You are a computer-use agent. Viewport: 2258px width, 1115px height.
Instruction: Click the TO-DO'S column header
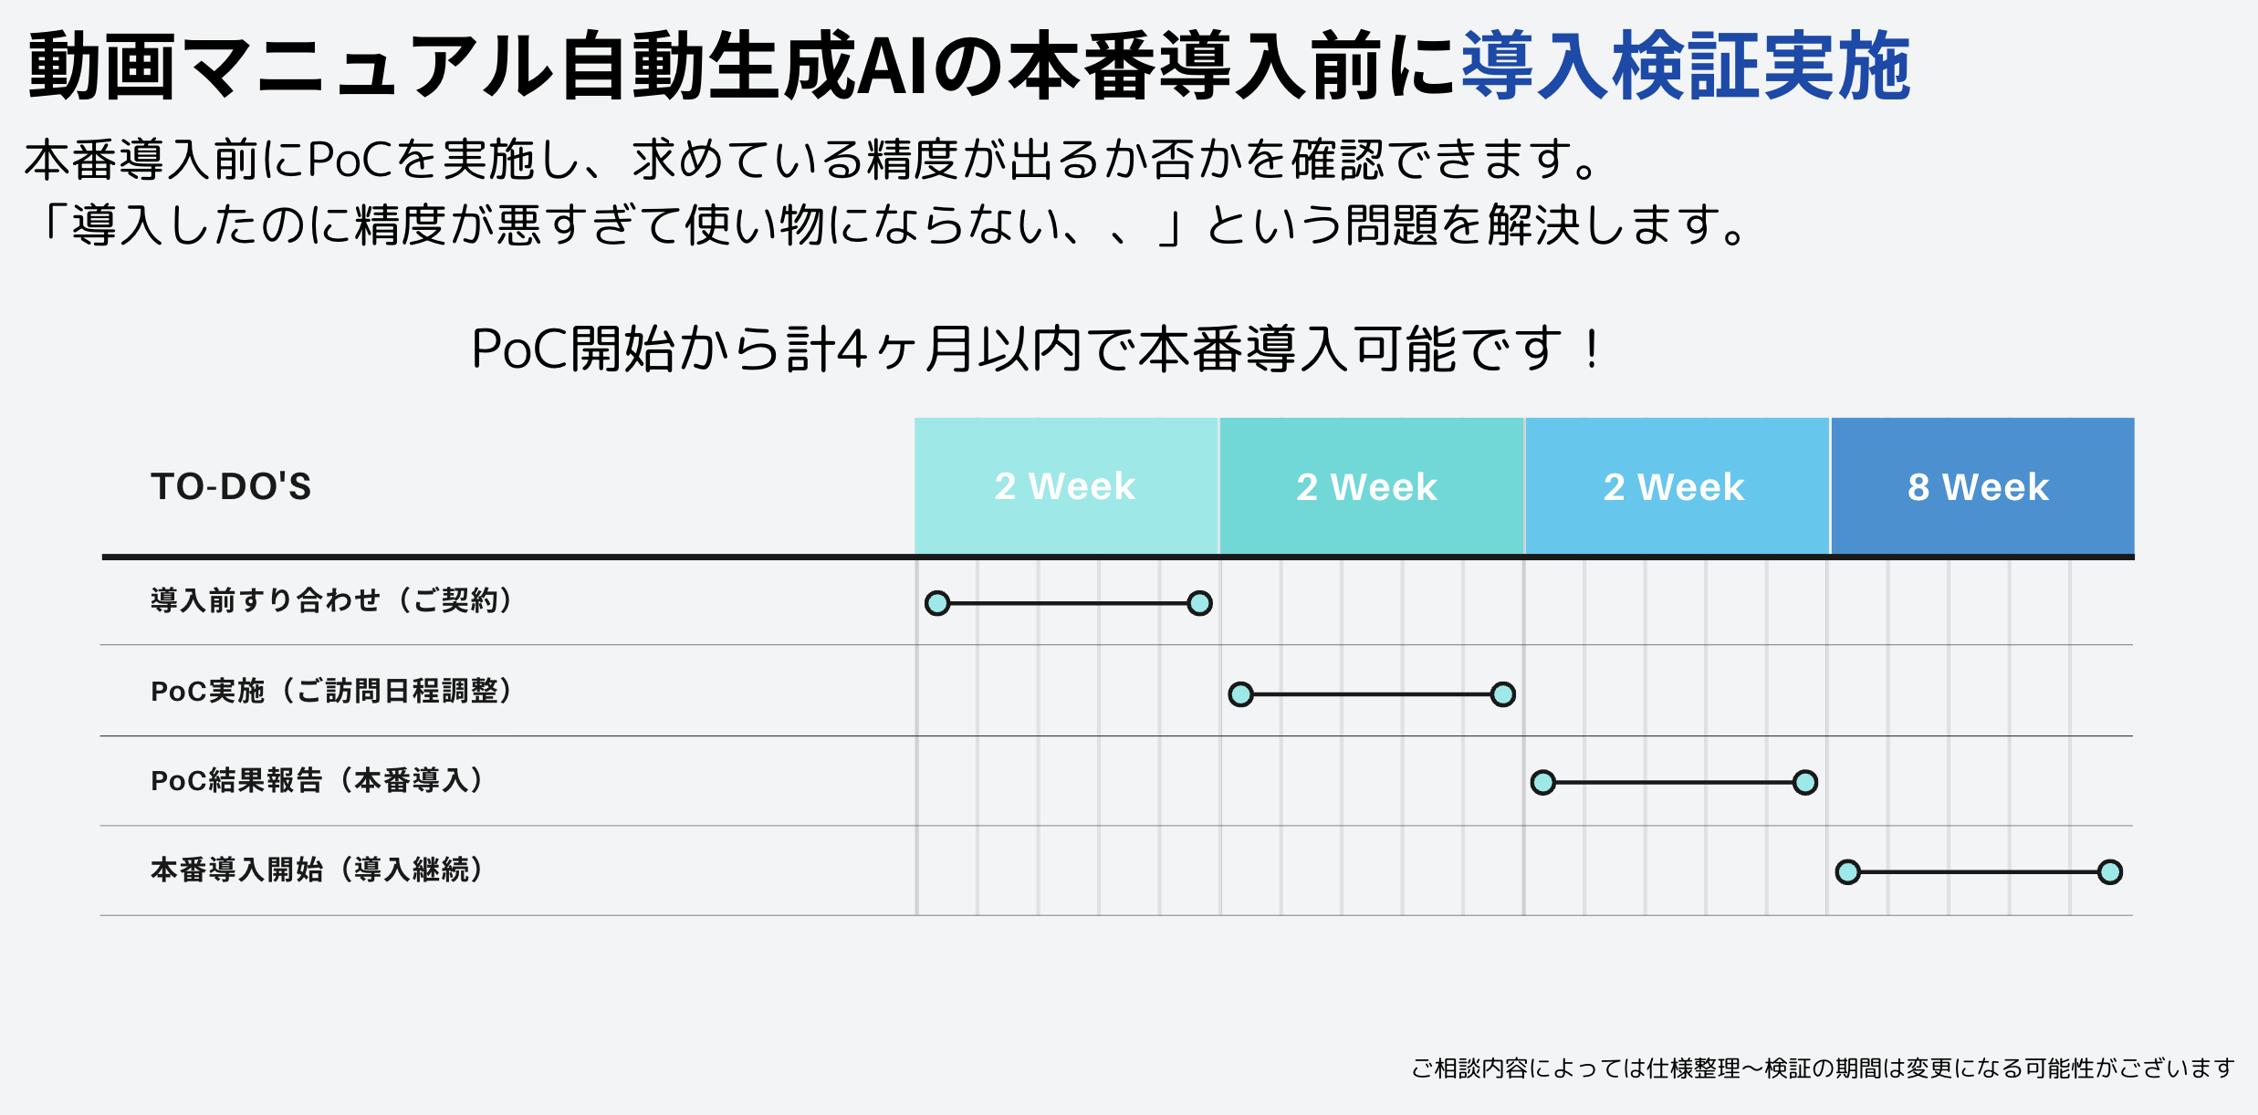click(231, 486)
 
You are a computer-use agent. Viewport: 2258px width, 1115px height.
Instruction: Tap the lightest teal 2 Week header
click(1066, 485)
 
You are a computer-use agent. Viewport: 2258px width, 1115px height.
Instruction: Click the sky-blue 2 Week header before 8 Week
click(1677, 485)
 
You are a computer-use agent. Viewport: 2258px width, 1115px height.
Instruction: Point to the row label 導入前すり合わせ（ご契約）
click(332, 600)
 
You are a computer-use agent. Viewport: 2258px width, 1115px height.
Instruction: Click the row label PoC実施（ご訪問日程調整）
click(332, 691)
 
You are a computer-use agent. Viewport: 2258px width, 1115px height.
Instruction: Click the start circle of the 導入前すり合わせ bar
click(937, 603)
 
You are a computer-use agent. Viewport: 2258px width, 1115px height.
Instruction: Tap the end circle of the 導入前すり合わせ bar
click(1200, 603)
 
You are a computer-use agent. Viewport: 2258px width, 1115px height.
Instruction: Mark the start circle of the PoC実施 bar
click(1240, 694)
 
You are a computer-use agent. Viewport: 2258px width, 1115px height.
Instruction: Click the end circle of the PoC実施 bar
click(1503, 694)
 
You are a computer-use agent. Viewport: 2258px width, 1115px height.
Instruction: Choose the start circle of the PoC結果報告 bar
click(1543, 783)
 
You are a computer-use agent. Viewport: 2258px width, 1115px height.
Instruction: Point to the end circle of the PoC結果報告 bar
click(1805, 783)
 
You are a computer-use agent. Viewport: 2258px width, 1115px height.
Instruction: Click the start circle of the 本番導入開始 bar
click(1848, 872)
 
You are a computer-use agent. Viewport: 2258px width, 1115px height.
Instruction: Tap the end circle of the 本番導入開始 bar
click(2110, 872)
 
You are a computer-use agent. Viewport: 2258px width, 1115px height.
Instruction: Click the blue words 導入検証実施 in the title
click(1687, 66)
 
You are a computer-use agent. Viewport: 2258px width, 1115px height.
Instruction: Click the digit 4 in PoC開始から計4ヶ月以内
click(851, 349)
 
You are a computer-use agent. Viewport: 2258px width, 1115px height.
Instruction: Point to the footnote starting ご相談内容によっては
click(1824, 1068)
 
